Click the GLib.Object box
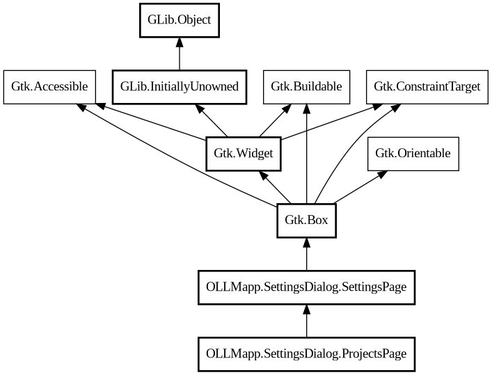(180, 20)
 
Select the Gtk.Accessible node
(49, 87)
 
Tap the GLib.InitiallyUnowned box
(180, 87)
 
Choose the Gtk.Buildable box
(306, 87)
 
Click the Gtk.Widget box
(244, 154)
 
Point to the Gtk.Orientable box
(413, 154)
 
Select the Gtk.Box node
(306, 221)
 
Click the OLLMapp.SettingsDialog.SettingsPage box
(306, 287)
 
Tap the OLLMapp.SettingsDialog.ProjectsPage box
(306, 354)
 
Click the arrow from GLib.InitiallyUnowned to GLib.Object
(180, 54)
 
